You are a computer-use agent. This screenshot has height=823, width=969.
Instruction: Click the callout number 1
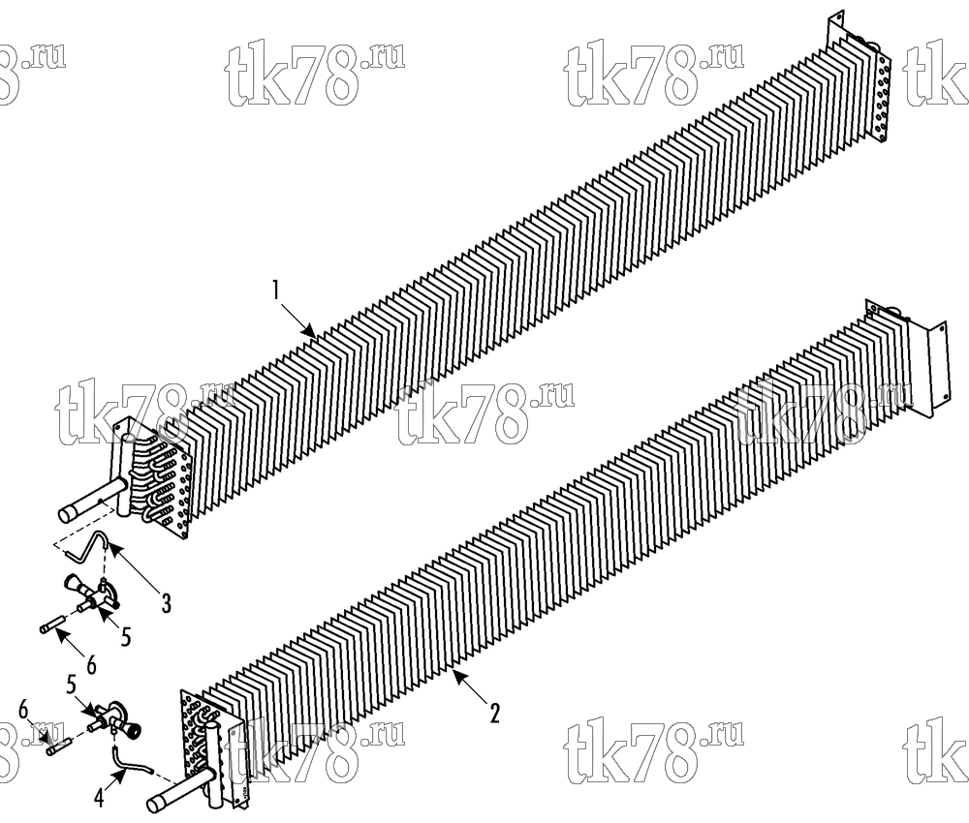(x=277, y=290)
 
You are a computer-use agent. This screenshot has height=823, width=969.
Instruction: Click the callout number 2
(x=494, y=713)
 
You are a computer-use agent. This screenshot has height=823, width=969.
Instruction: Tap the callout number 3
(x=167, y=603)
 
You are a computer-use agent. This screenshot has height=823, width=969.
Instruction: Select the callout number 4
(x=99, y=798)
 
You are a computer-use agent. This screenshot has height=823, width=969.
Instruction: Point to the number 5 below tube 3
(x=126, y=636)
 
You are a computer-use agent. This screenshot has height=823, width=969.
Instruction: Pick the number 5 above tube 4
(x=71, y=686)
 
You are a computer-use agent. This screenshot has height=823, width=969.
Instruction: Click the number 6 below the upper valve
(x=91, y=664)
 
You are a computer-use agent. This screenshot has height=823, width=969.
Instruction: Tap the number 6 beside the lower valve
(x=23, y=710)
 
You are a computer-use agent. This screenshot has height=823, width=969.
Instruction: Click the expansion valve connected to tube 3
(x=92, y=594)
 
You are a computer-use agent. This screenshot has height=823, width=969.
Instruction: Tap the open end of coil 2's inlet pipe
(x=156, y=804)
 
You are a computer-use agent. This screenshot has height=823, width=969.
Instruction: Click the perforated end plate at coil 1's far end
(x=881, y=94)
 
